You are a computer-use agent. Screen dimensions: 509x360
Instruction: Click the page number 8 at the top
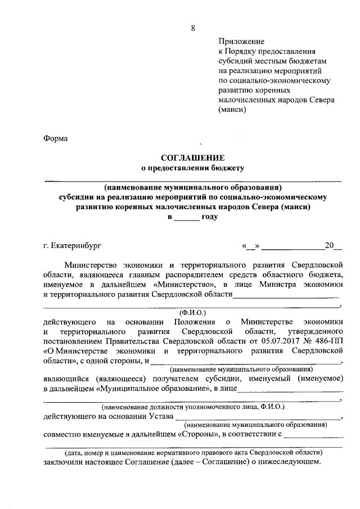pyautogui.click(x=193, y=13)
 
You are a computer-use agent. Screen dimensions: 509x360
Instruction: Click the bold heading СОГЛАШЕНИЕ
pyautogui.click(x=193, y=157)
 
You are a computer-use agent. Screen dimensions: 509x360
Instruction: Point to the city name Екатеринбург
pyautogui.click(x=76, y=246)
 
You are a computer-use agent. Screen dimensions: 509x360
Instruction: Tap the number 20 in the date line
pyautogui.click(x=329, y=246)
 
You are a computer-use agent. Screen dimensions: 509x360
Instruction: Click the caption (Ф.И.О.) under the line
pyautogui.click(x=193, y=311)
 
